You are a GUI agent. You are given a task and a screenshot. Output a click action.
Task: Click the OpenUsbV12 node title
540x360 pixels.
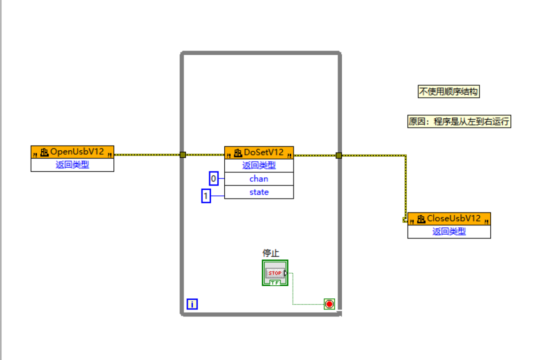77,152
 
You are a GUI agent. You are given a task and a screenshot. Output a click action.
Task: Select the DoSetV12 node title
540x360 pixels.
264,153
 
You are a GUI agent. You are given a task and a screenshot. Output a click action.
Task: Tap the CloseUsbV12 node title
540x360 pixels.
454,219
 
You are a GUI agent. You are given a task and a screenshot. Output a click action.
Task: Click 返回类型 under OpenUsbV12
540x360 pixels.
72,165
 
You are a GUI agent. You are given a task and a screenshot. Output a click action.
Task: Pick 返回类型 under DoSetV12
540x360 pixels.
259,166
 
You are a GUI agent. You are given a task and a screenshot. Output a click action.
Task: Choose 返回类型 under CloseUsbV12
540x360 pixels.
449,231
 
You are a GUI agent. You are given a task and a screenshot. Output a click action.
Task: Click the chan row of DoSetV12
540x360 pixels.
259,179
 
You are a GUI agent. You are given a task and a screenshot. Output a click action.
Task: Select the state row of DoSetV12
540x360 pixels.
259,192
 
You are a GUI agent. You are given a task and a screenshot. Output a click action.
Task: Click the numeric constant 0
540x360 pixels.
214,178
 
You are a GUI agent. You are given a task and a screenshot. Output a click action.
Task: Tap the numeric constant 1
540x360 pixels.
206,196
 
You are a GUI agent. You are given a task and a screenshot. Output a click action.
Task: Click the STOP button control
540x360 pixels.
275,273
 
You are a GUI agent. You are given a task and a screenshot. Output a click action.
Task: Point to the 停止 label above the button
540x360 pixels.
271,253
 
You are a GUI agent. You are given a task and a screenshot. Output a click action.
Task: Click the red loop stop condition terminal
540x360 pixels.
329,304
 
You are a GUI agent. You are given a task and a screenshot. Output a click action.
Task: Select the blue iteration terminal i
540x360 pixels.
192,304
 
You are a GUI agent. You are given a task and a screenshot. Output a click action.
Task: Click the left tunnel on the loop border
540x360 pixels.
182,155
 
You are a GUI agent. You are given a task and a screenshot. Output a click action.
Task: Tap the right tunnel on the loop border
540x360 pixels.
338,155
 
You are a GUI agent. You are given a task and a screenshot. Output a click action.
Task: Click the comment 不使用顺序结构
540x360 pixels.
448,92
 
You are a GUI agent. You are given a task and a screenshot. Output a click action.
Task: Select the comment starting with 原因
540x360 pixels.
459,122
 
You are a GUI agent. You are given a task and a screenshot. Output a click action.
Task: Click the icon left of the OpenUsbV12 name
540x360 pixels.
45,152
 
